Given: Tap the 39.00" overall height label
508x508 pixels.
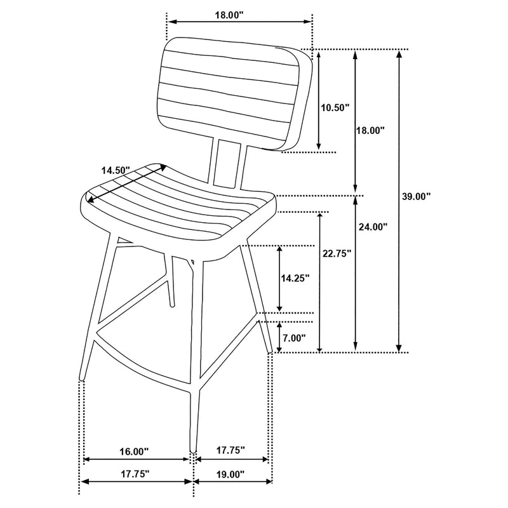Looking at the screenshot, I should coord(417,196).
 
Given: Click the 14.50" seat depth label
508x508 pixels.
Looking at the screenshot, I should coord(116,170).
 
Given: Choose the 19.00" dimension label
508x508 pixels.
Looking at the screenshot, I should coord(229,474).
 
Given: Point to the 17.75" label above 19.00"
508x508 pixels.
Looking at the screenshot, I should coord(229,451).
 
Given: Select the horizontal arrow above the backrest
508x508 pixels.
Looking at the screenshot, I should coord(239,22).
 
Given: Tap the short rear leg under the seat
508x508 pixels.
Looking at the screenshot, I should coord(170,279).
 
